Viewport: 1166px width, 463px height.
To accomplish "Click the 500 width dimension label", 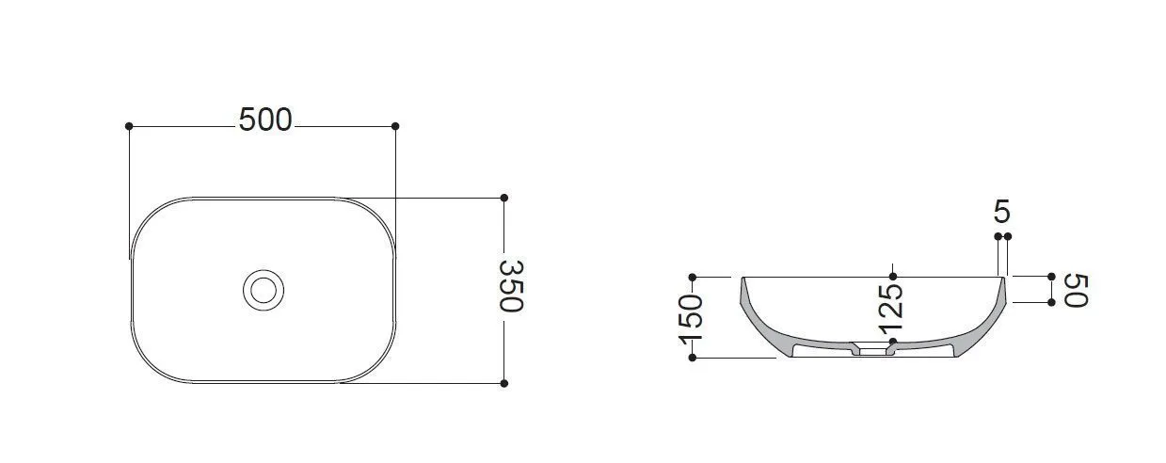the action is tap(265, 120).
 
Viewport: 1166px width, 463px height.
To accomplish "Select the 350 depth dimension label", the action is tap(511, 286).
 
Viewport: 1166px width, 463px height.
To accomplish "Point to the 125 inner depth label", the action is tap(890, 310).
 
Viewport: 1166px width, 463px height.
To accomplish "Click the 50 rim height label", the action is tap(1076, 290).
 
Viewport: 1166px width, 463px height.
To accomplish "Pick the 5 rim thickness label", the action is tap(1002, 212).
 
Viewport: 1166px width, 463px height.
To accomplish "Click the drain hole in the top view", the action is tap(264, 290).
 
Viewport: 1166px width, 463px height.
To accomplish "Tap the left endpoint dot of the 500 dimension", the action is tap(129, 126).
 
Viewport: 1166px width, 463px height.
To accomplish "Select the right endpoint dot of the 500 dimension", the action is tap(395, 126).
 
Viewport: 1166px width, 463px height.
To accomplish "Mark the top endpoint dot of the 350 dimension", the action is tap(503, 198).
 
